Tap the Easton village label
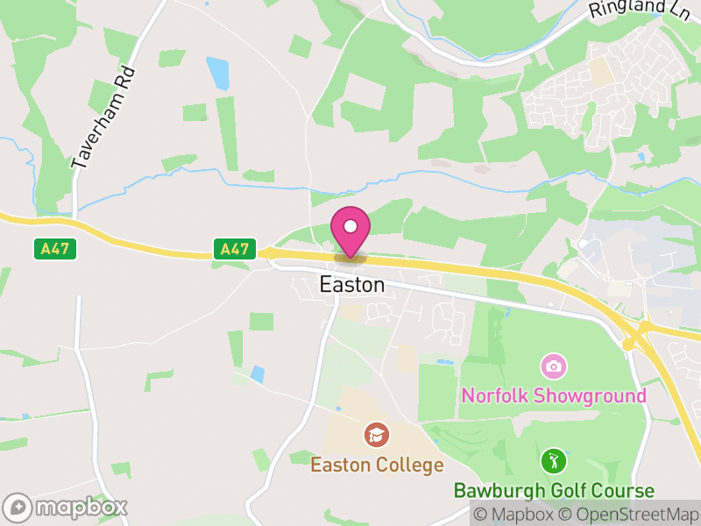[x=351, y=285]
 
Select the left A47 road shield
[x=56, y=249]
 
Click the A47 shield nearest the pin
[x=234, y=249]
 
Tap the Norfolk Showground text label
[x=554, y=394]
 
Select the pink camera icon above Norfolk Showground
[x=553, y=365]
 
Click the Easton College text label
[x=377, y=464]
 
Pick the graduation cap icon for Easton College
[x=377, y=434]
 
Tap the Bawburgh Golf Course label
[x=554, y=490]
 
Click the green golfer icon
[x=553, y=460]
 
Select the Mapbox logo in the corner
[x=67, y=507]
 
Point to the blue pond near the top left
[x=217, y=73]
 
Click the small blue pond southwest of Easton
[x=257, y=374]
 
